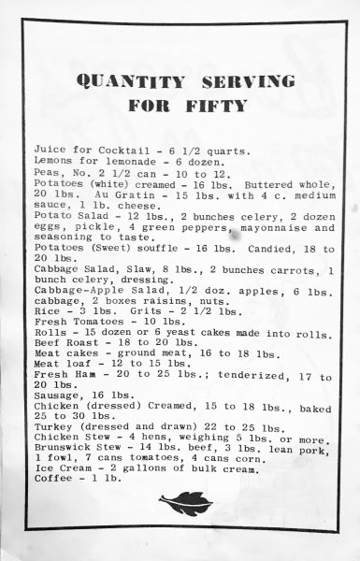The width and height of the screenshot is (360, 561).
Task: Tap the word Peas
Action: pos(46,175)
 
